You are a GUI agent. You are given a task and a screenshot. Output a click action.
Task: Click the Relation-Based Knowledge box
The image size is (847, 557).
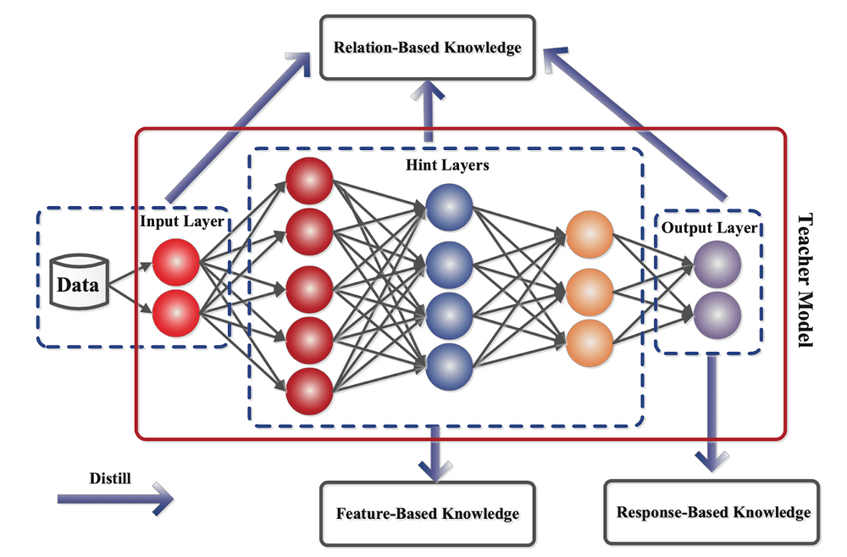(427, 47)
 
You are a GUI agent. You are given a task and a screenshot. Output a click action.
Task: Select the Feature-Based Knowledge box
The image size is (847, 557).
(427, 513)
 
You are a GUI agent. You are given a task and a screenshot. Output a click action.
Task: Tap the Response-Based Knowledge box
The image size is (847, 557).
(713, 512)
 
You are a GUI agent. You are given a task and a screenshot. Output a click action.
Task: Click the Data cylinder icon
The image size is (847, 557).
(77, 284)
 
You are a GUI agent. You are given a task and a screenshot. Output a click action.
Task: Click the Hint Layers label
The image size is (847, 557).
(442, 165)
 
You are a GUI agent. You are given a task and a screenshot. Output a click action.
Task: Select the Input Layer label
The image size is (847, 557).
(181, 222)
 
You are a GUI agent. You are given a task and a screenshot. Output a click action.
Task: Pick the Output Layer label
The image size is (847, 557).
(709, 228)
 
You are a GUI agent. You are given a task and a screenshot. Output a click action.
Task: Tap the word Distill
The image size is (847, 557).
(110, 477)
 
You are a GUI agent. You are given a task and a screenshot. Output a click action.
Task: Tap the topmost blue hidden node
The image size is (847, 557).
(449, 206)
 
